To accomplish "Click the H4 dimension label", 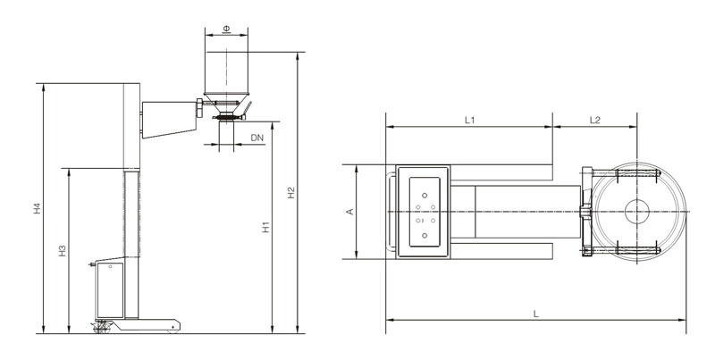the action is [x=38, y=209].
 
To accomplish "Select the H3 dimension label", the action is [x=63, y=251].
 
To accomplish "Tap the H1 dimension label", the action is [x=265, y=227].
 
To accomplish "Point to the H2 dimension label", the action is [x=291, y=193].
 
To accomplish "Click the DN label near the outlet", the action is [x=257, y=138].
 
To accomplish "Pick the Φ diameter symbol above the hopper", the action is [x=226, y=29].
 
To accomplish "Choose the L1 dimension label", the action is [x=470, y=121].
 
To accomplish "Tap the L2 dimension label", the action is [x=595, y=121].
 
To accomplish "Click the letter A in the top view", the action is [x=350, y=212].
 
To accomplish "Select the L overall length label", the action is [x=536, y=314].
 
